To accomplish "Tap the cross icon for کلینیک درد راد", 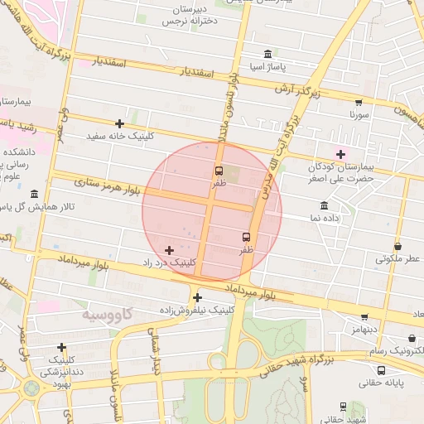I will (170, 249).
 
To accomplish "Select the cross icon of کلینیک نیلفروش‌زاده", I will (197, 297).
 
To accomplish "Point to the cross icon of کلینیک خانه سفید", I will (119, 123).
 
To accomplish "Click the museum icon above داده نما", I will (323, 205).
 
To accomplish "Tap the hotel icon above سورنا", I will (358, 104).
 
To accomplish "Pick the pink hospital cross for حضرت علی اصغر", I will (340, 153).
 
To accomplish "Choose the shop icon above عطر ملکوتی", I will (397, 246).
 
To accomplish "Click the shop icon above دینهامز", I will (364, 316).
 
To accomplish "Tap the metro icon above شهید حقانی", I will (343, 407).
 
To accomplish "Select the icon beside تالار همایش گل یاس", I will (34, 194).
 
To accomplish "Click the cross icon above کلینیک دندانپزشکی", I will (61, 347).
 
